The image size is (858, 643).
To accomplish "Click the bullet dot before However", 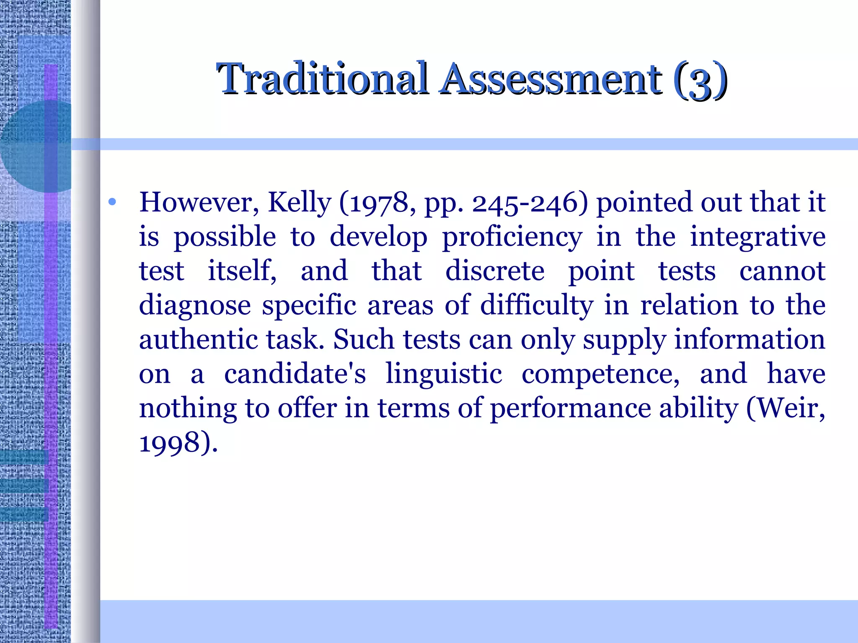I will pyautogui.click(x=112, y=203).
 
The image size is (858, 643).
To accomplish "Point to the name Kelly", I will pyautogui.click(x=299, y=203).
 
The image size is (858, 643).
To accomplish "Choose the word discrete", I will pyautogui.click(x=495, y=271).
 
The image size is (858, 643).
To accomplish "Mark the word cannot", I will pyautogui.click(x=782, y=271).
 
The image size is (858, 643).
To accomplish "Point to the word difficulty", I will pyautogui.click(x=537, y=305).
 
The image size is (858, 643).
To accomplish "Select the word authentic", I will pyautogui.click(x=198, y=340).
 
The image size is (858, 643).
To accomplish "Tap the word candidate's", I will pyautogui.click(x=295, y=374).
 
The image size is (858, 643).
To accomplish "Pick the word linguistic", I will pyautogui.click(x=444, y=374).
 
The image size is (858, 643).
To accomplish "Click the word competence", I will pyautogui.click(x=600, y=374).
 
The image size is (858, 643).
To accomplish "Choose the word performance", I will pyautogui.click(x=570, y=409).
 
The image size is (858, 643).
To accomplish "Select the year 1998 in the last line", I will pyautogui.click(x=169, y=443).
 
